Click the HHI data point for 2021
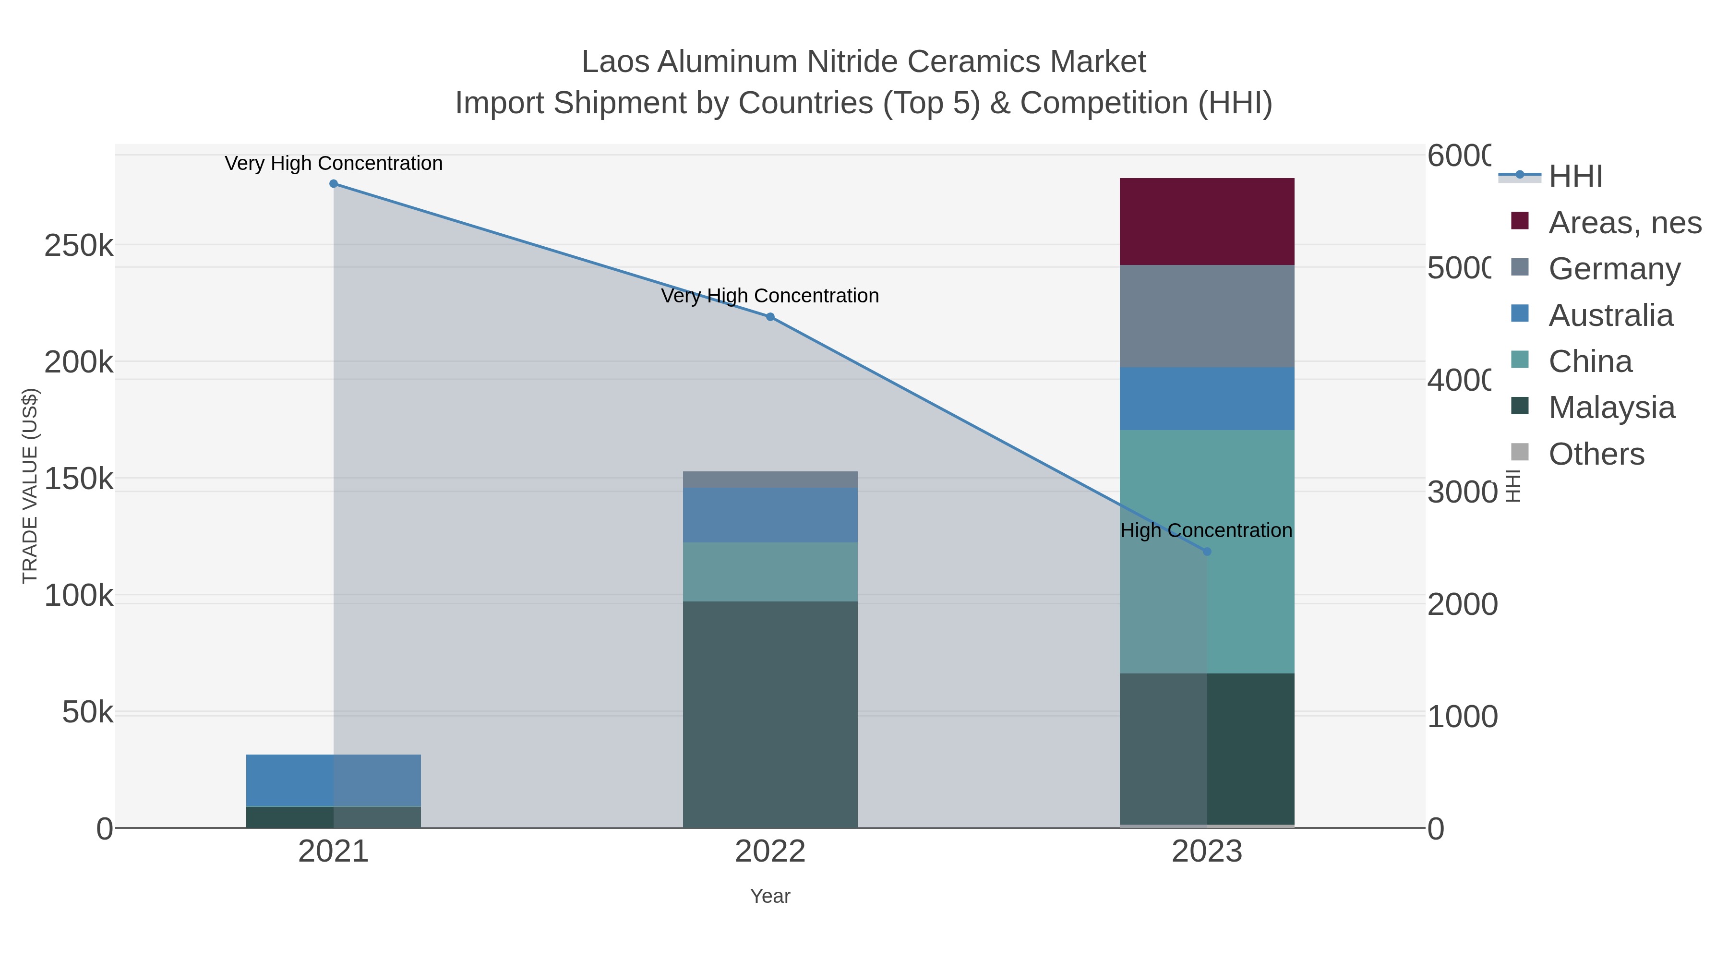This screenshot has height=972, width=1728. (x=334, y=184)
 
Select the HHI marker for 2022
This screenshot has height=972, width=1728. (x=770, y=317)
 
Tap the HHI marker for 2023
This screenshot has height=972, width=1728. (x=1207, y=552)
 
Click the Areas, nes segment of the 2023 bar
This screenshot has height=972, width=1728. (x=1207, y=221)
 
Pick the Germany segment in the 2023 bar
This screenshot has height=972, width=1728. (x=1207, y=316)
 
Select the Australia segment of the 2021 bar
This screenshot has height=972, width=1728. (x=334, y=780)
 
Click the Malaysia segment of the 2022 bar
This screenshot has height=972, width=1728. (x=770, y=714)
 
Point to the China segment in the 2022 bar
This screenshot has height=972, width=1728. (x=770, y=572)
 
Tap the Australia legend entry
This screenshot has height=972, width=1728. (x=1610, y=314)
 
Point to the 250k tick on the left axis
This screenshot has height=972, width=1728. (x=79, y=245)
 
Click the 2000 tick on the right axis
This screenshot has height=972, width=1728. (x=1462, y=604)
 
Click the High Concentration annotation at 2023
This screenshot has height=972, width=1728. (x=1205, y=530)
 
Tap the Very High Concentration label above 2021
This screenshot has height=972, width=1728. (x=334, y=163)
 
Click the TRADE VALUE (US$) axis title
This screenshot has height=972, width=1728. (x=30, y=486)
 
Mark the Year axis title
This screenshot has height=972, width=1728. (x=770, y=896)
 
